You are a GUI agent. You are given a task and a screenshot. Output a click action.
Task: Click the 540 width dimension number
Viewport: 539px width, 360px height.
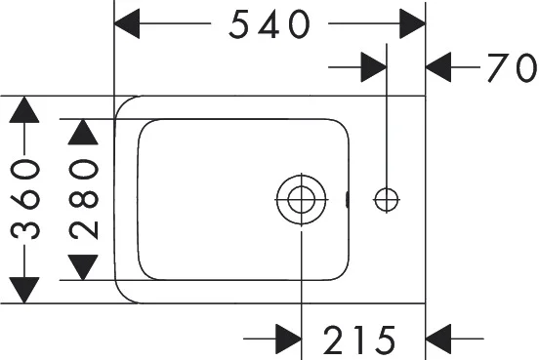pos(269,24)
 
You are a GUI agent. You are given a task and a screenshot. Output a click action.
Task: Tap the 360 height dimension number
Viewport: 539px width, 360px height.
pos(26,200)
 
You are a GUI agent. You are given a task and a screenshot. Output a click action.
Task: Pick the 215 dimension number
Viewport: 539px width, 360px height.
pos(359,340)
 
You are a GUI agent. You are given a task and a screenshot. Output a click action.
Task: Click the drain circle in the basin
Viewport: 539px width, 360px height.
pos(301,200)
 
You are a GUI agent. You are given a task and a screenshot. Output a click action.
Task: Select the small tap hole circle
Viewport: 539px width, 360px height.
pos(387,199)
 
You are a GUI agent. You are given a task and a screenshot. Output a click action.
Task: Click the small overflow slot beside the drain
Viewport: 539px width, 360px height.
pos(349,200)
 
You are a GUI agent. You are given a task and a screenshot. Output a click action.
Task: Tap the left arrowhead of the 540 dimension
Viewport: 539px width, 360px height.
pos(130,24)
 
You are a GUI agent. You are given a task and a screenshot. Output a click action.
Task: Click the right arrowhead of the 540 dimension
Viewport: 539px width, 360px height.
pos(411,24)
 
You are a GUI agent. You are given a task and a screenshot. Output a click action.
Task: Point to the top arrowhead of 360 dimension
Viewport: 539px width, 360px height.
pos(25,109)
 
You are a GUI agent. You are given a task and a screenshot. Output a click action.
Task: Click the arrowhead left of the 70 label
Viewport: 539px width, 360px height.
pos(442,67)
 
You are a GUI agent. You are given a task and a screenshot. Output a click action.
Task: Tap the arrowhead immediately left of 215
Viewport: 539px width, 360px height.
pos(287,340)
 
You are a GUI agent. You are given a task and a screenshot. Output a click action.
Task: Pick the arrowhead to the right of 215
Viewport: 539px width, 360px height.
pos(442,340)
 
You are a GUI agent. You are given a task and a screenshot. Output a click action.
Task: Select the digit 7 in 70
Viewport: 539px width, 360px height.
pos(498,68)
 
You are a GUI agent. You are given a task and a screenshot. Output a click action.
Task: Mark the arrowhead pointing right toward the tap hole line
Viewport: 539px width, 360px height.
pos(373,67)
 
